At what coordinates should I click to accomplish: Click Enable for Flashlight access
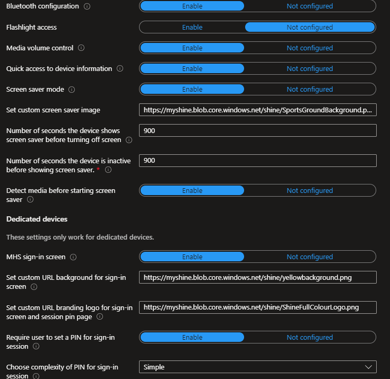tap(192, 27)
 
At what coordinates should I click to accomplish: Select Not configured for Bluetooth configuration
tap(310, 6)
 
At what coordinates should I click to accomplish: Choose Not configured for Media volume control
tap(310, 48)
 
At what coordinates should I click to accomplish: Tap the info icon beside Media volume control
tap(81, 48)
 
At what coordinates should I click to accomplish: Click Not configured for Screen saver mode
tap(310, 89)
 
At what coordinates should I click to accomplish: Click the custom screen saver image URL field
tap(257, 110)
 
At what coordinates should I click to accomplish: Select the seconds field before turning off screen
tap(257, 130)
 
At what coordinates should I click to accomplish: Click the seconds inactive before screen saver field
tap(257, 160)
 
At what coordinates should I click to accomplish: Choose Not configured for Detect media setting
tap(310, 190)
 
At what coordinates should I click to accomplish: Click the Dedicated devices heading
tap(37, 219)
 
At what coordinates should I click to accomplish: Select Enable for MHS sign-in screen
tap(192, 257)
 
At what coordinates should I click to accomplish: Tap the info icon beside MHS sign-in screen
tap(73, 257)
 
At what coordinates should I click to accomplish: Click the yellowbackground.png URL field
tap(257, 277)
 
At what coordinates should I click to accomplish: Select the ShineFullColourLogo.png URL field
tap(257, 307)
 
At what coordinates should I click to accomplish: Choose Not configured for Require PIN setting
tap(310, 337)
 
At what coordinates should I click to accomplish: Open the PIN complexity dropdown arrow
tap(368, 367)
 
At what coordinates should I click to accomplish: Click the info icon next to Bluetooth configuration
tap(87, 6)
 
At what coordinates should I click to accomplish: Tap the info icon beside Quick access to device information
tap(120, 68)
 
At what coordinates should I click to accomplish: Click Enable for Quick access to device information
tap(192, 68)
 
